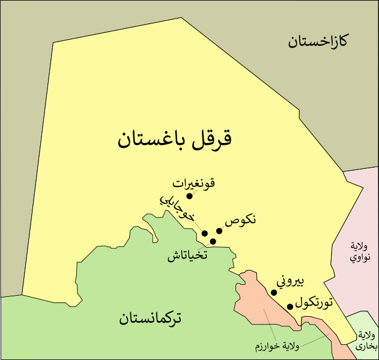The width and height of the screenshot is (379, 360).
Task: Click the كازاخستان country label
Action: [319, 41]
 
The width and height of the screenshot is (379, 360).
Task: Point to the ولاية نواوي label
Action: [360, 252]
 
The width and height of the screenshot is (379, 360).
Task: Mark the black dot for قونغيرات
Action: [189, 196]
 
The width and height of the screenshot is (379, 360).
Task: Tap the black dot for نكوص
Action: [219, 231]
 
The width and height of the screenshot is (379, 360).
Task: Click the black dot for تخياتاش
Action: [213, 241]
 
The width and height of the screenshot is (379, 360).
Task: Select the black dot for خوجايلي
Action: [205, 233]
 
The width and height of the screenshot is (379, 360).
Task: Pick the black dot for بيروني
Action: [274, 293]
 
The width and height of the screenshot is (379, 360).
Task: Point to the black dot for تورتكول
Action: [290, 307]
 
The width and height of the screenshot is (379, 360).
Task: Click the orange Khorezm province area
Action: [255, 301]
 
